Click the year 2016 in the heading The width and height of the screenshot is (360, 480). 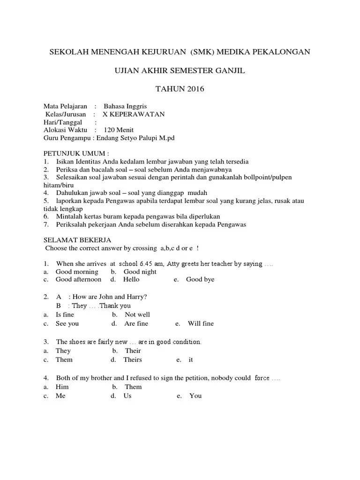tap(195, 89)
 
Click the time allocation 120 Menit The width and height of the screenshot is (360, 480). tap(119, 130)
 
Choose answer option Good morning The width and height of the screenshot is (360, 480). tap(77, 272)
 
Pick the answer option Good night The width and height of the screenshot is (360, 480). tap(140, 272)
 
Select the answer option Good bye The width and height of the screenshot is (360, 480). tap(200, 280)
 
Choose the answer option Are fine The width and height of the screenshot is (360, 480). tap(136, 324)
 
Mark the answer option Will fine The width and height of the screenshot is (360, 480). tap(201, 324)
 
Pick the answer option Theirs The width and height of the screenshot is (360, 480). tap(133, 360)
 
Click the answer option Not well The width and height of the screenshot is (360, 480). tap(137, 315)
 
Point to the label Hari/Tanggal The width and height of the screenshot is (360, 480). tap(63, 122)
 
